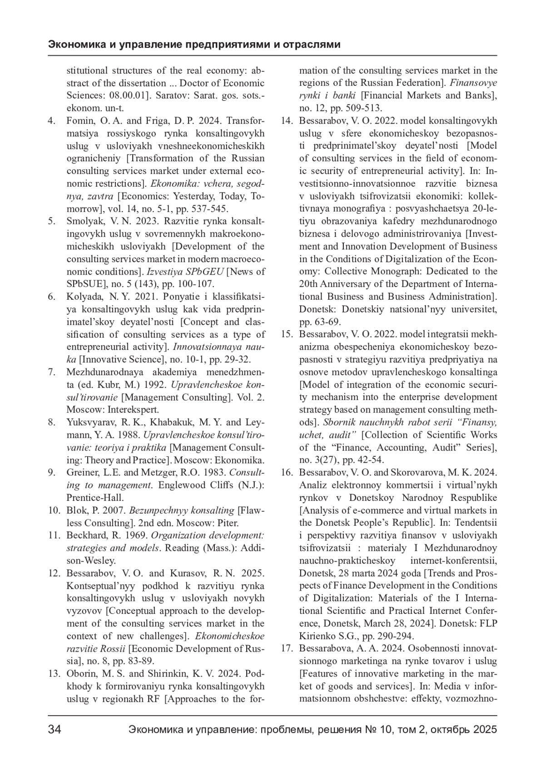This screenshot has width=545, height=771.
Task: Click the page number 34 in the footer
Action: click(55, 730)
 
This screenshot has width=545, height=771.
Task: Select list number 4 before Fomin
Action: click(52, 121)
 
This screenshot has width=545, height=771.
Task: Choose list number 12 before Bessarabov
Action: click(54, 573)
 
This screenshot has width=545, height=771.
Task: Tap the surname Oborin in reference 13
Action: click(80, 673)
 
